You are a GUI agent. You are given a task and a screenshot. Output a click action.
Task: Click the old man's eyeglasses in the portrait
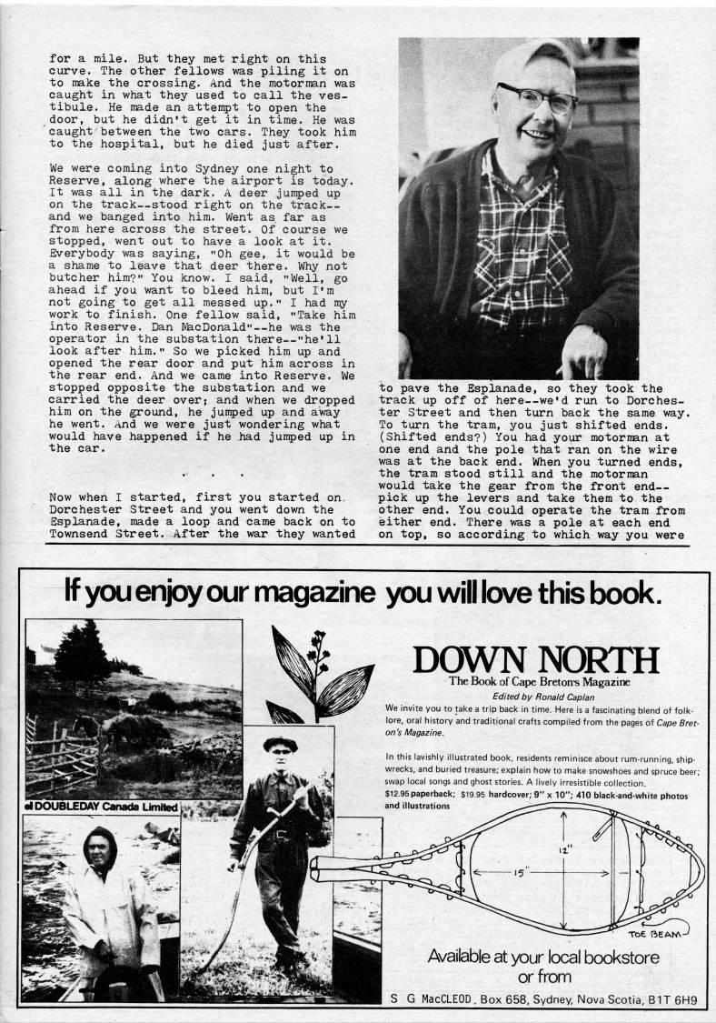point(536,96)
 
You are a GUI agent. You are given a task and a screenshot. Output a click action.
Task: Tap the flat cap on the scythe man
point(280,742)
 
